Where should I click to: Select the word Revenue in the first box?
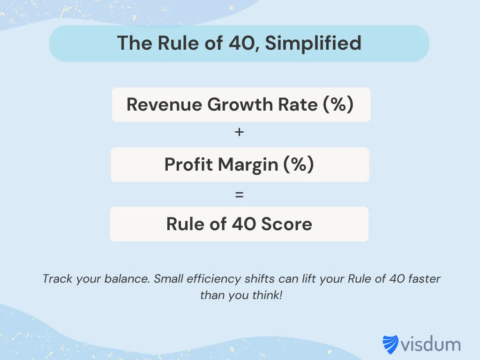164,104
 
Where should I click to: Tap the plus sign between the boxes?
240,133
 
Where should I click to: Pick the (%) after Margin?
298,165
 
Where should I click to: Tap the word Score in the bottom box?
286,224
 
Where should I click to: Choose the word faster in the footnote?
424,279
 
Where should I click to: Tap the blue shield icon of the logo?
390,345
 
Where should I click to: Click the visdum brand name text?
430,345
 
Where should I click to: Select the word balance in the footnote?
127,279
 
